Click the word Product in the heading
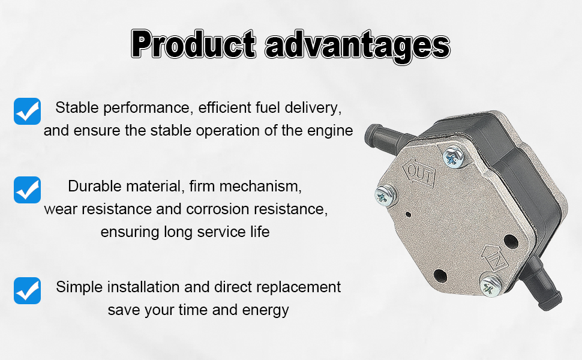[x=193, y=44]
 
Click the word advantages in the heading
[x=358, y=46]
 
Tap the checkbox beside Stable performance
[x=27, y=112]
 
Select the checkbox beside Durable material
[x=27, y=190]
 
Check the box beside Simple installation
[x=27, y=290]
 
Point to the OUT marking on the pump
[x=419, y=172]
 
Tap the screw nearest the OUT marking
[x=454, y=156]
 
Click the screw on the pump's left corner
[x=385, y=196]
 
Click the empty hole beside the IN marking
[x=511, y=242]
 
